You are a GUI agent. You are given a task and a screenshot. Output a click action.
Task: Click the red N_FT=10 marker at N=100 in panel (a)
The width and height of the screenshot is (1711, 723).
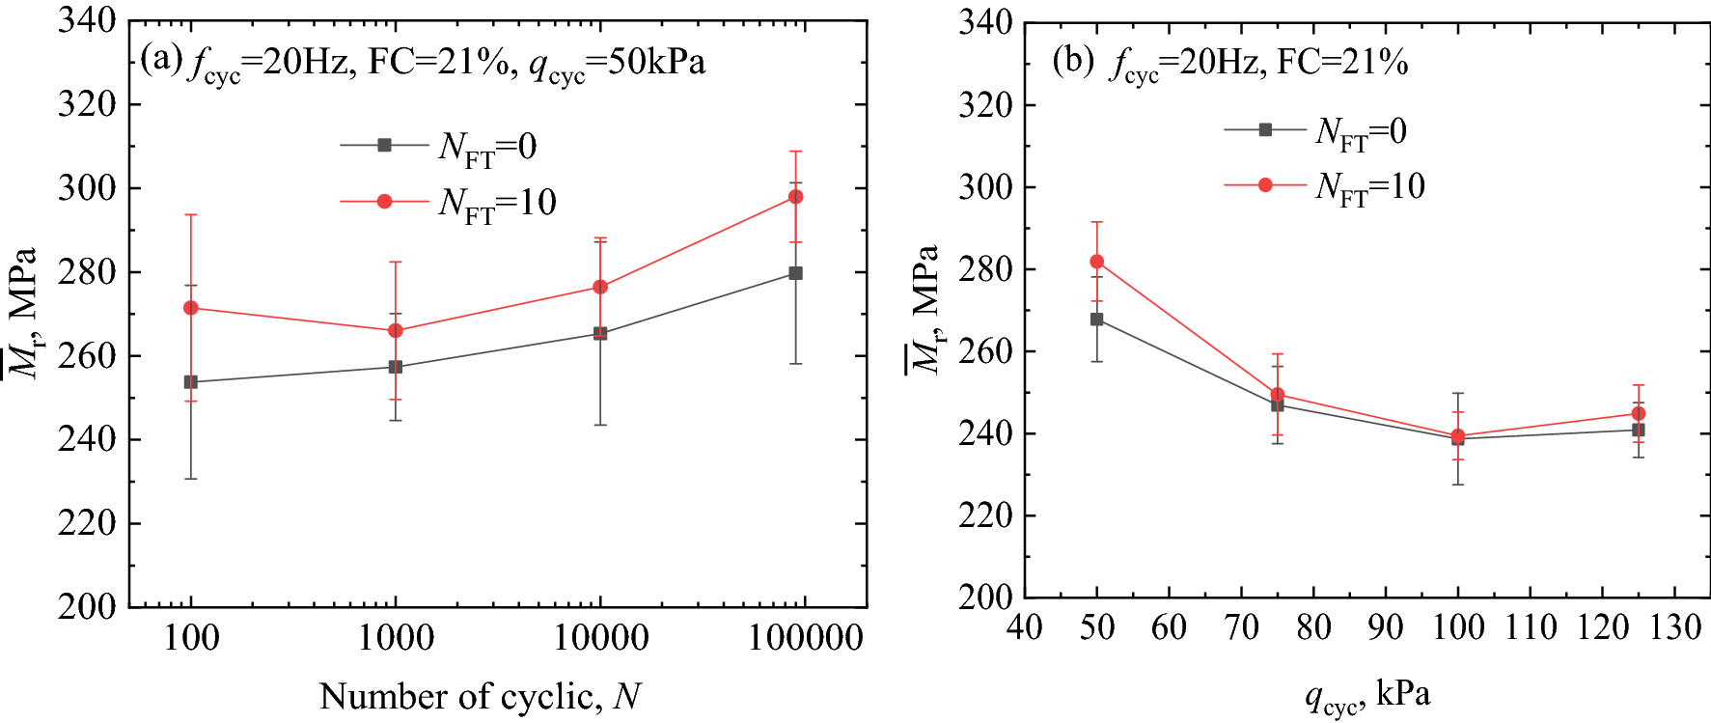point(191,308)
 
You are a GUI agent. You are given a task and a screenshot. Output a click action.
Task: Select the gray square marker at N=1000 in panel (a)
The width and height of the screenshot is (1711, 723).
point(396,367)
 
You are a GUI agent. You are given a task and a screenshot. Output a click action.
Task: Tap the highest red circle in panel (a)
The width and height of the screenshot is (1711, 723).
point(796,197)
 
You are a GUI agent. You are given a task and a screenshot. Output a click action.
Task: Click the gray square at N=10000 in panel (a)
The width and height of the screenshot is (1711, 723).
point(600,334)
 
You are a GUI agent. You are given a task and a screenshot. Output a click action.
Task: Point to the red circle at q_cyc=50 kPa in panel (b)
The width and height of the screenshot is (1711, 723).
point(1097,262)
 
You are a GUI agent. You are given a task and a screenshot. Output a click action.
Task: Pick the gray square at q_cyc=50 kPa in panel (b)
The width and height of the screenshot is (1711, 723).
point(1097,320)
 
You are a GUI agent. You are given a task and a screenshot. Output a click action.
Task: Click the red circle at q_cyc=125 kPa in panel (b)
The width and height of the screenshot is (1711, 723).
point(1639,413)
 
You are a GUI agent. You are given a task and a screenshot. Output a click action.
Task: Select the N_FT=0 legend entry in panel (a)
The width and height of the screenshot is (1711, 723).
point(439,147)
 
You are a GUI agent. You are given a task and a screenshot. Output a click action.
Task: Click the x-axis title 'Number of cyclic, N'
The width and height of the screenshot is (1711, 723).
point(480,696)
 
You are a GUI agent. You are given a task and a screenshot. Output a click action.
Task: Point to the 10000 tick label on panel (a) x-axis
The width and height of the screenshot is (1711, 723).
point(600,638)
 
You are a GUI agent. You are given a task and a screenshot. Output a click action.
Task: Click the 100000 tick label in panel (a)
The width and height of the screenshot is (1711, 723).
point(806,638)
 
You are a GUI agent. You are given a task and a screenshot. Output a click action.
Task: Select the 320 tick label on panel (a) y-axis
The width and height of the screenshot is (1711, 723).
point(87,104)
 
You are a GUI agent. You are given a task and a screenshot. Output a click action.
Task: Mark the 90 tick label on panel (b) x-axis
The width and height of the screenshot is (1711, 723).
point(1386,628)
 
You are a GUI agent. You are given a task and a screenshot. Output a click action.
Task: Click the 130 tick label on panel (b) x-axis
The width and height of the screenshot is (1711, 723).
point(1675,628)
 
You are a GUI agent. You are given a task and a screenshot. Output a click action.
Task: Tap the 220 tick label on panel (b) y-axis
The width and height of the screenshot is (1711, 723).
point(985,515)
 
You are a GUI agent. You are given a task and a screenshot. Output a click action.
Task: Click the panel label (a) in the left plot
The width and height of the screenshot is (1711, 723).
point(160,60)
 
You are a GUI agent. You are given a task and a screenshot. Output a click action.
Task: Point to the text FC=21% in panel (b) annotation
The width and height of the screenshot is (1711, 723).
point(1342,63)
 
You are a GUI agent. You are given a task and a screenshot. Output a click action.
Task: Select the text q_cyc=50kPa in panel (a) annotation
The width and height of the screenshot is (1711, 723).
point(618,64)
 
